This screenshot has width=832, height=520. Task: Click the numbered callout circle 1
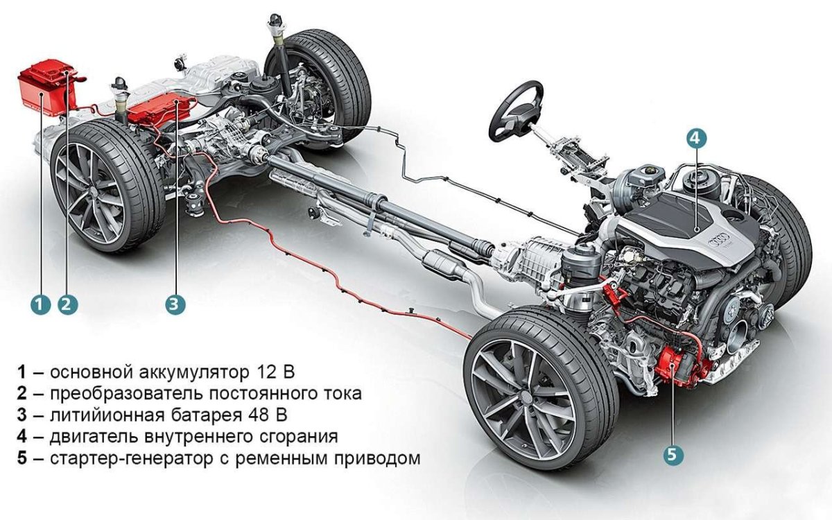click(x=40, y=304)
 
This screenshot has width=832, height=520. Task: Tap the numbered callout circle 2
click(x=67, y=304)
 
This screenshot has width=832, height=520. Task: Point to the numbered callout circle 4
click(x=696, y=137)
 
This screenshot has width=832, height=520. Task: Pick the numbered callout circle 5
click(x=673, y=455)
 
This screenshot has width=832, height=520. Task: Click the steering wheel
click(x=516, y=111)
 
